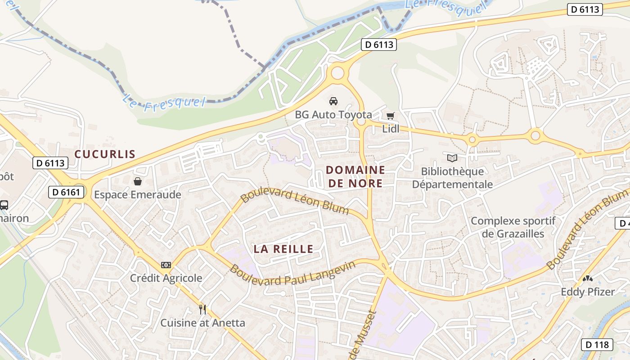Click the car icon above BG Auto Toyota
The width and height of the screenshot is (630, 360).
[333, 101]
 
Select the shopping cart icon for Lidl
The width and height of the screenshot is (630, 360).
[391, 116]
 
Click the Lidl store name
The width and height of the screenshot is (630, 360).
[391, 129]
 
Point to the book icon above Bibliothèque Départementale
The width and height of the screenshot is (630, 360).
[452, 158]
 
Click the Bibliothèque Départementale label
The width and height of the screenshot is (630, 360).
[452, 178]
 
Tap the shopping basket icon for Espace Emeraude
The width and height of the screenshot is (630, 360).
[138, 181]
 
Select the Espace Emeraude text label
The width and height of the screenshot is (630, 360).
[138, 195]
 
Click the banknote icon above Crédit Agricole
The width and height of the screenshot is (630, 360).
[166, 265]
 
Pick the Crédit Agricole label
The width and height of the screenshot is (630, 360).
[166, 278]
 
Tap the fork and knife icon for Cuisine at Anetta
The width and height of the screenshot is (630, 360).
[202, 310]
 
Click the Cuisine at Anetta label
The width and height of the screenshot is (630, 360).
[202, 323]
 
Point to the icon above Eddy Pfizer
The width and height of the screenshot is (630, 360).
[587, 279]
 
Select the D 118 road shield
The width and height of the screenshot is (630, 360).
[597, 345]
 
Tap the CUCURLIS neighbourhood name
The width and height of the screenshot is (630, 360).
[105, 154]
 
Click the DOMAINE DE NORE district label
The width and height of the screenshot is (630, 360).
[355, 176]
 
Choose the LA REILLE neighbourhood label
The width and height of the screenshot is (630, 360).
[283, 249]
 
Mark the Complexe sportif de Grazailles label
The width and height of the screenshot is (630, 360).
[513, 227]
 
